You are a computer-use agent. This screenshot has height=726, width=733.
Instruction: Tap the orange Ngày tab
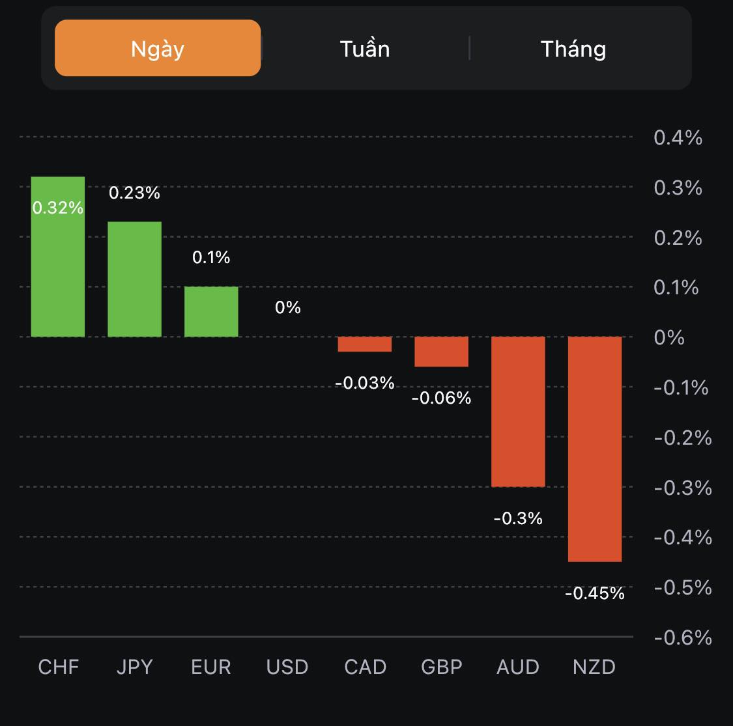point(158,48)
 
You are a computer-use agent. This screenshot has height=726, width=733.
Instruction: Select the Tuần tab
point(365,49)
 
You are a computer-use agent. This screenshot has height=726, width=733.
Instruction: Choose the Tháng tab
point(573,49)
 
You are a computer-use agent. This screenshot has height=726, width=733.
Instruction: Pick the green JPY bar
point(134,279)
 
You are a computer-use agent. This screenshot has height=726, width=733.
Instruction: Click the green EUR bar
point(211,311)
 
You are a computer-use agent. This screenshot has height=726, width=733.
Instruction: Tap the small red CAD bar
point(365,344)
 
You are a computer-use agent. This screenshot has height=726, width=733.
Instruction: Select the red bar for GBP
point(442,352)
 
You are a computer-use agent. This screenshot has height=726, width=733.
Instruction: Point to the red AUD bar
point(518,412)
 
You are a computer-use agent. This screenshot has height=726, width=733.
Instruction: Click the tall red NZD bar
point(595,449)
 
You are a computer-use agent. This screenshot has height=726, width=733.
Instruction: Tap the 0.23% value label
point(134,193)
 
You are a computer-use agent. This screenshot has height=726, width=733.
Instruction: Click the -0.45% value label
point(594,593)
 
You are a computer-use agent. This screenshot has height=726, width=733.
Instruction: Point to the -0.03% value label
point(365,383)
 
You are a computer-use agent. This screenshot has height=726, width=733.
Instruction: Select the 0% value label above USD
point(288,307)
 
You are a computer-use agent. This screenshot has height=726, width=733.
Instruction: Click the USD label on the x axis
point(287,667)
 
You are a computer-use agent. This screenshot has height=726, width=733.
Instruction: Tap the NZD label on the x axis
point(594,667)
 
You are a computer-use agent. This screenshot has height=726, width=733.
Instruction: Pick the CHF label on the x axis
point(59,667)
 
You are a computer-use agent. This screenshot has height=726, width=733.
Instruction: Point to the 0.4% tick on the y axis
point(678,137)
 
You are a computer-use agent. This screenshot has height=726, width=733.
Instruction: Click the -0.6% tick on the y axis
point(682,637)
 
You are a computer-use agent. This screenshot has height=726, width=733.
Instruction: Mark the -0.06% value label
point(442,398)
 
